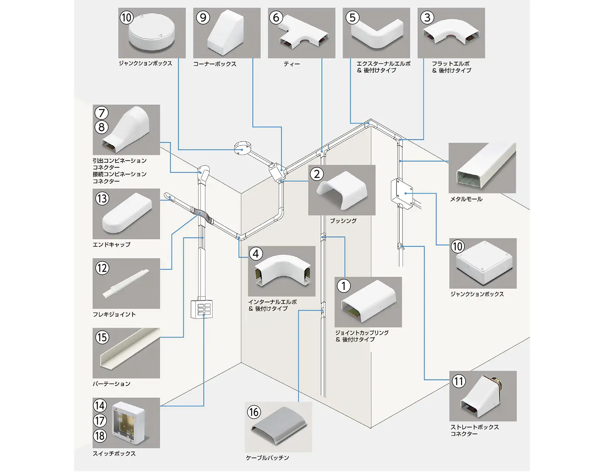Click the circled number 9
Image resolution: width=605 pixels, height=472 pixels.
pyautogui.click(x=203, y=17)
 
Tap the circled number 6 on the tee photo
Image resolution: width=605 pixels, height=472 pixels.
pyautogui.click(x=276, y=17)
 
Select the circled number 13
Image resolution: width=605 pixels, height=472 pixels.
pyautogui.click(x=102, y=198)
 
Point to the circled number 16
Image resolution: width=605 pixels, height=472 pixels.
pyautogui.click(x=254, y=412)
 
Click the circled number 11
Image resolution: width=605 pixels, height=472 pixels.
pyautogui.click(x=459, y=381)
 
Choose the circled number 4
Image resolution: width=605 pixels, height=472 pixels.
pyautogui.click(x=256, y=254)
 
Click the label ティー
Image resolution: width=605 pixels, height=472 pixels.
pyautogui.click(x=291, y=64)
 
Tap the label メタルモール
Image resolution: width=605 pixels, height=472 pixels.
pyautogui.click(x=466, y=199)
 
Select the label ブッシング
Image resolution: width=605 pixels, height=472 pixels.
pyautogui.click(x=343, y=221)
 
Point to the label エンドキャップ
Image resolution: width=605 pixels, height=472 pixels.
pyautogui.click(x=111, y=244)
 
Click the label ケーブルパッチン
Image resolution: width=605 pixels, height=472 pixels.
pyautogui.click(x=267, y=458)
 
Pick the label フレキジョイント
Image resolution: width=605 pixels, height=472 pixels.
pyautogui.click(x=114, y=315)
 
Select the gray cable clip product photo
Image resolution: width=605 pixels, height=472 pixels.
pyautogui.click(x=279, y=428)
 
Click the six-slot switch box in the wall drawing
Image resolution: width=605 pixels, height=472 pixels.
pyautogui.click(x=201, y=309)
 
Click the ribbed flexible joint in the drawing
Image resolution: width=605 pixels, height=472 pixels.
pyautogui.click(x=203, y=215)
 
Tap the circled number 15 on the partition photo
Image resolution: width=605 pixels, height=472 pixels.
pyautogui.click(x=102, y=337)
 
